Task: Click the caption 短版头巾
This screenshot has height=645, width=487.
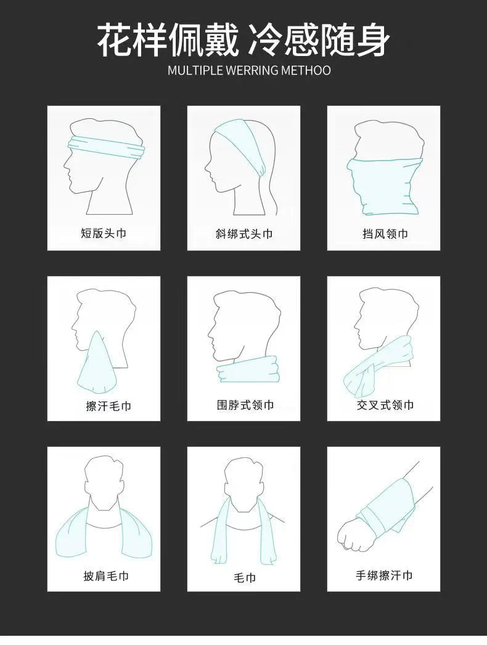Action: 104,234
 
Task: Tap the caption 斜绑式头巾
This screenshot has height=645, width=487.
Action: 243,234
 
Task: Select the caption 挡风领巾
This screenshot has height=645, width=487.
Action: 385,234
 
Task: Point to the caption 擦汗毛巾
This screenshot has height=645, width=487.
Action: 108,406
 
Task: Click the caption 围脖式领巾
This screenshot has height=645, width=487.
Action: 245,405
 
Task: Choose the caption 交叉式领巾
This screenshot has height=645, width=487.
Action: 385,405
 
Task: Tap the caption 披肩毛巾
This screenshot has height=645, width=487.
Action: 106,576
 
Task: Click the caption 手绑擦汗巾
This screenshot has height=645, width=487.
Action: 384,575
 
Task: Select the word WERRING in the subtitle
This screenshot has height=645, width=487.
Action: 252,70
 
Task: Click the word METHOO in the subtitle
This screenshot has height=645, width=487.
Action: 306,70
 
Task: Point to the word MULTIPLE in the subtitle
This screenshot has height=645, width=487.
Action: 195,70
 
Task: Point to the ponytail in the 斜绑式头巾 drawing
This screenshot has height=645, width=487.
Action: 271,185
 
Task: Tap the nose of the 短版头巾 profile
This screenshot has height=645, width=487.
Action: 66,162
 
